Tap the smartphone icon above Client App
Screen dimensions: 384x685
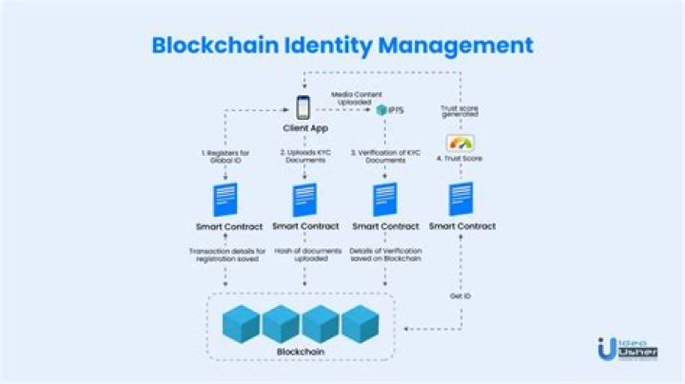pos(304,106)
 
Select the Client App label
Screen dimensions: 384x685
pos(304,127)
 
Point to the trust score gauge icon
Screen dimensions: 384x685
pos(460,143)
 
